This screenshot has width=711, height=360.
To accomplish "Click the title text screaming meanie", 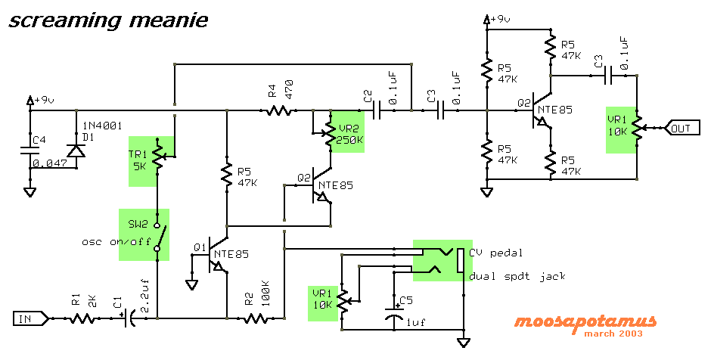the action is coord(108,21).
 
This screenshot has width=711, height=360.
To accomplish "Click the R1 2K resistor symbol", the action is coord(82,318).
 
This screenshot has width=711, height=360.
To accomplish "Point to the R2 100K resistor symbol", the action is coord(256,318).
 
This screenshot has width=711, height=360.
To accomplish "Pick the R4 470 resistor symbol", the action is coord(278,110).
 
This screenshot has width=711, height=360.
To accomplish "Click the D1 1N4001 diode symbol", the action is coord(76,150).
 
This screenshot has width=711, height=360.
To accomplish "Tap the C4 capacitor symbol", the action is coord(30,150).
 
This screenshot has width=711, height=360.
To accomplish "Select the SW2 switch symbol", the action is coord(159,236).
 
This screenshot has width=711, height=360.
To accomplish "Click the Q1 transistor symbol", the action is coord(216,255).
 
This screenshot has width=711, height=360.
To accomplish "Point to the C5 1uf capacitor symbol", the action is coord(394,313).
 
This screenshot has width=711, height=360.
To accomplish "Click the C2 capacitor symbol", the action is coord(377,110).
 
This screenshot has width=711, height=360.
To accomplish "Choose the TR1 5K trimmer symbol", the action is coord(160,155).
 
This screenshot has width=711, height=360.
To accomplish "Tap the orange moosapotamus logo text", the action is coord(585,322).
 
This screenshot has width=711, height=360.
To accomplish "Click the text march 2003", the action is coord(613,334).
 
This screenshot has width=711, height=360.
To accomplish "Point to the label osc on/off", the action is coord(116,241).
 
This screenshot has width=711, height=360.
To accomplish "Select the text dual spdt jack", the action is coord(517,276).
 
